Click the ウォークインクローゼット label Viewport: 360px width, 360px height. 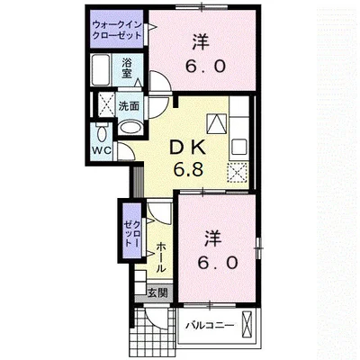117,29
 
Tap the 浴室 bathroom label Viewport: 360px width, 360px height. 127,68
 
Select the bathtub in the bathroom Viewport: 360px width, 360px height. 101,70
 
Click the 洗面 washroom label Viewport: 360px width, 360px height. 129,106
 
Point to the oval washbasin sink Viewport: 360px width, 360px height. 130,128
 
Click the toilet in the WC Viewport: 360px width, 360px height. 102,134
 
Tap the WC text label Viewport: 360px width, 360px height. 102,150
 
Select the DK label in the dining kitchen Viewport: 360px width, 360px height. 187,148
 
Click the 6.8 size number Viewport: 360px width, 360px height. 188,169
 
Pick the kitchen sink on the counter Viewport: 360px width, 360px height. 238,148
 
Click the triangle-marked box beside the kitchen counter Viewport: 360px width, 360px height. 216,124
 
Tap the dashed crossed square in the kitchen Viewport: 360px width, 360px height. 238,173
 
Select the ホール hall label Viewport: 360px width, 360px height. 161,257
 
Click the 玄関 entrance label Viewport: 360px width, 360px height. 157,293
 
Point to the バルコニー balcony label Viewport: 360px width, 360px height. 210,326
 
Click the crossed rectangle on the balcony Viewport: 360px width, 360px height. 247,324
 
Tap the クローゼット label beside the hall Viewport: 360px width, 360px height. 132,233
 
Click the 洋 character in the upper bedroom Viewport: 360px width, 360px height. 201,41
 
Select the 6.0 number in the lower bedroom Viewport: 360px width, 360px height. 218,263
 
